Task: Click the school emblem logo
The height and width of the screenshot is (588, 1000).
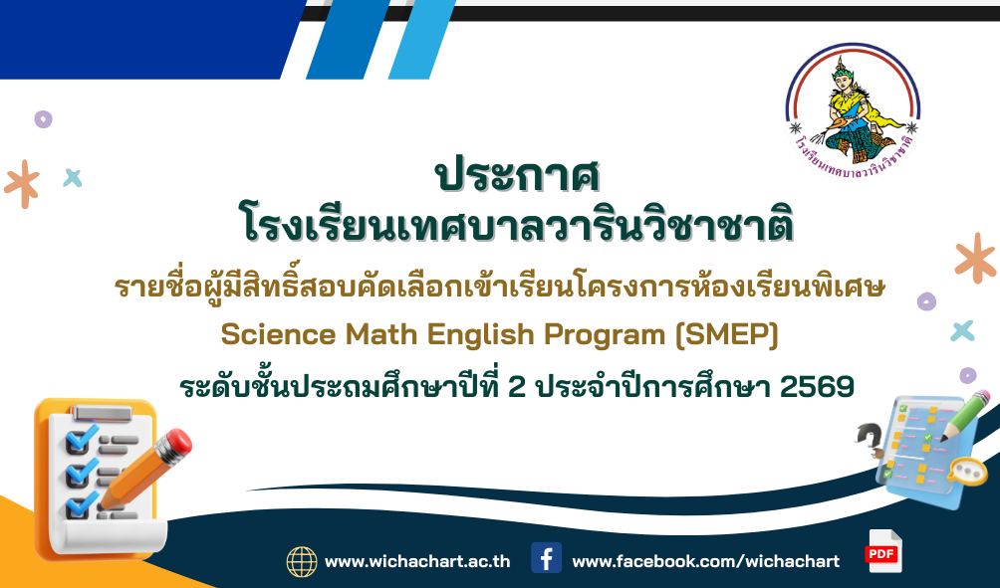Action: coord(854,110)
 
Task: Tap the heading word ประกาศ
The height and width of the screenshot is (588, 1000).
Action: coord(517,175)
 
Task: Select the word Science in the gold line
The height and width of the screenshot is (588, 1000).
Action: coord(278,334)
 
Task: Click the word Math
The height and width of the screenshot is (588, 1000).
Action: coord(381,334)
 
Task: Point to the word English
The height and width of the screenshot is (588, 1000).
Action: coord(480,335)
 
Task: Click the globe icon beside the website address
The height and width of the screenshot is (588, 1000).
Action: coord(302,562)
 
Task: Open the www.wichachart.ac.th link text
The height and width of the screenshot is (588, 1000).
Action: coord(417,562)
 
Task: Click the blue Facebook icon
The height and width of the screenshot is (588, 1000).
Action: coord(547,558)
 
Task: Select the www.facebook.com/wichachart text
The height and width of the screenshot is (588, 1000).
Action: coord(706,562)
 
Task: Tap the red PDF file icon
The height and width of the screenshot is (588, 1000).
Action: coord(883,552)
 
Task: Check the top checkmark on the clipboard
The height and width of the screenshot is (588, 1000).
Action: coord(82,439)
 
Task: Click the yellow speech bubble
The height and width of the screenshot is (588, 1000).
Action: coord(967,472)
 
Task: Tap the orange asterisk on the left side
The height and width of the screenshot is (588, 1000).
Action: coord(22,183)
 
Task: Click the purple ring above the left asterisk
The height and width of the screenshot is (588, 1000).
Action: coord(44,119)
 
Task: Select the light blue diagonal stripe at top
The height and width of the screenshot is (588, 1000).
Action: coord(422,40)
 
